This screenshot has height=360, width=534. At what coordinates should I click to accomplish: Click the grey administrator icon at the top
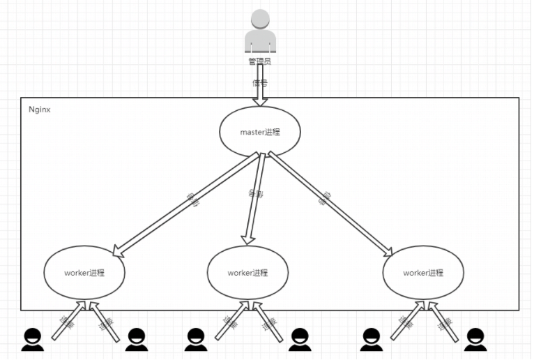[x=260, y=31]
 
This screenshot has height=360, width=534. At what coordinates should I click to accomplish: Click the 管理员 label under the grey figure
[x=260, y=62]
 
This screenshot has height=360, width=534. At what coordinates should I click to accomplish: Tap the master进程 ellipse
[x=260, y=132]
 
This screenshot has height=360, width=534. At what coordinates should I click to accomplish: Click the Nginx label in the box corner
[x=39, y=110]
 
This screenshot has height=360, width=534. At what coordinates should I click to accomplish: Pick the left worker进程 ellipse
[x=84, y=273]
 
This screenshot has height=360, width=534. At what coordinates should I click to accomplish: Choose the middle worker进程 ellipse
[x=247, y=273]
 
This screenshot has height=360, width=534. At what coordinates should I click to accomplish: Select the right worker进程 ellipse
[x=423, y=273]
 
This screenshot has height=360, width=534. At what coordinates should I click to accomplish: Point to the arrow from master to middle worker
[x=254, y=199]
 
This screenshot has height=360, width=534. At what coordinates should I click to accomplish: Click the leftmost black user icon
[x=32, y=339]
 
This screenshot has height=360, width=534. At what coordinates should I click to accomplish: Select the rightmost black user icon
[x=475, y=339]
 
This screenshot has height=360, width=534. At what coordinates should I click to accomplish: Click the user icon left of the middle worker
[x=197, y=339]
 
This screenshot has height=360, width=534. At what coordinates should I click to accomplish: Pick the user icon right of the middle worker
[x=300, y=339]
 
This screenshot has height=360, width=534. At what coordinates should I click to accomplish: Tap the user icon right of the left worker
[x=136, y=339]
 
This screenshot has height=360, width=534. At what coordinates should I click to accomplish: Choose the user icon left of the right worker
[x=372, y=339]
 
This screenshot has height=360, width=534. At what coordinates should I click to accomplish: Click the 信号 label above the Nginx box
[x=260, y=82]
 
